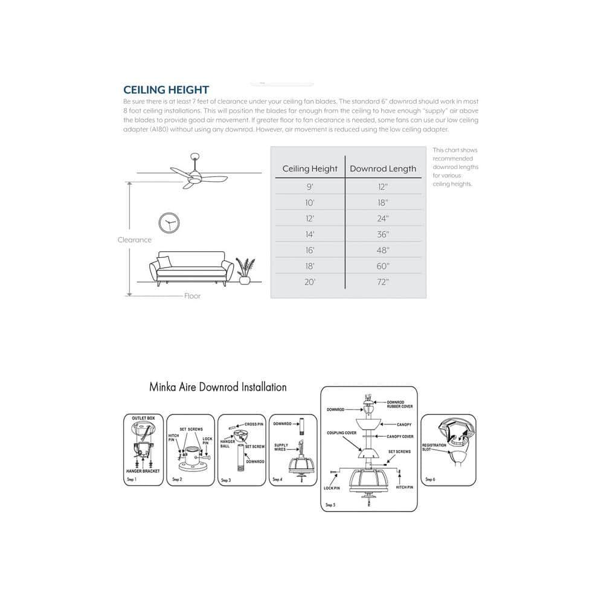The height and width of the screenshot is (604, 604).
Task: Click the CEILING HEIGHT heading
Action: pyautogui.click(x=166, y=90)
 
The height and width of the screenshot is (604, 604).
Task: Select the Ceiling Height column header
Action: pyautogui.click(x=310, y=169)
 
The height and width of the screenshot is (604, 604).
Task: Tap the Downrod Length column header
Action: pyautogui.click(x=383, y=169)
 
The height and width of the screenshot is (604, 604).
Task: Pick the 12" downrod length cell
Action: pyautogui.click(x=383, y=187)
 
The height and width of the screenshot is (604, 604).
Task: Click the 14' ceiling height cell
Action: pyautogui.click(x=310, y=234)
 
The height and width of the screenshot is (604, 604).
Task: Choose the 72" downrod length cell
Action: pyautogui.click(x=383, y=282)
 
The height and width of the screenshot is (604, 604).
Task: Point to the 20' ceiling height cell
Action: pyautogui.click(x=310, y=282)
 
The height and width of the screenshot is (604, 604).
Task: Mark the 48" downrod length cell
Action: pyautogui.click(x=383, y=250)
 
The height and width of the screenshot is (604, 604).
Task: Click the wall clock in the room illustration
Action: pyautogui.click(x=169, y=223)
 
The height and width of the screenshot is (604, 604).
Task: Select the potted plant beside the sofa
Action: pyautogui.click(x=245, y=272)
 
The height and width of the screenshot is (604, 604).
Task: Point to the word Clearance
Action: pyautogui.click(x=135, y=240)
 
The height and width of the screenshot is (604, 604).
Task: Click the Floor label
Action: pyautogui.click(x=193, y=296)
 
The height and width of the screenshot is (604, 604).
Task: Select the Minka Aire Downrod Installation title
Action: pyautogui.click(x=218, y=387)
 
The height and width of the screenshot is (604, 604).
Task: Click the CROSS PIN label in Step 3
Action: pyautogui.click(x=254, y=424)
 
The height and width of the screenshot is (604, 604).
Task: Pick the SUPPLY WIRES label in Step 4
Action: pyautogui.click(x=281, y=448)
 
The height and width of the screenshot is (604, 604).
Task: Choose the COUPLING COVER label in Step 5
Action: pyautogui.click(x=341, y=433)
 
